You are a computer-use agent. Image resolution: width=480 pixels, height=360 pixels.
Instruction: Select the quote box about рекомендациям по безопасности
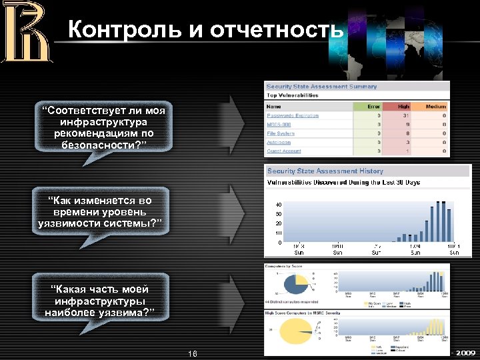point(103,127)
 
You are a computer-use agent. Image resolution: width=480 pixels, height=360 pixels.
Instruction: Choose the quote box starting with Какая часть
point(100,301)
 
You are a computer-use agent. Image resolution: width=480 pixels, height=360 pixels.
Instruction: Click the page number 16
point(193,353)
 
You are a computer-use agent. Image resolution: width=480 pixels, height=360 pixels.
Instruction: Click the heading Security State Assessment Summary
point(321,87)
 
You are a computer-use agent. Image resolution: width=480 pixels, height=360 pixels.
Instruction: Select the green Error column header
point(373,106)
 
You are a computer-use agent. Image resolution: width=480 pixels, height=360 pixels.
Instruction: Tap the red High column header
point(403,106)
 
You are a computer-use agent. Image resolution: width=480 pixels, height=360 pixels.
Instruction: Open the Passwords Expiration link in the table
point(293,116)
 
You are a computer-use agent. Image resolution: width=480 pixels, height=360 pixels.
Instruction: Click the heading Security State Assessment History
point(325,171)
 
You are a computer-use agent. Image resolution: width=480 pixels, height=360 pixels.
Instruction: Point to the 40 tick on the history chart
point(278,205)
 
